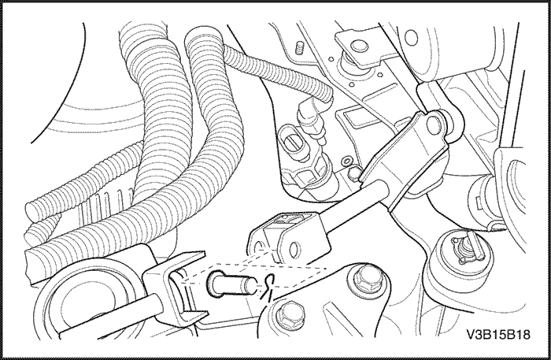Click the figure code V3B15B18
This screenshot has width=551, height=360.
click(x=498, y=334)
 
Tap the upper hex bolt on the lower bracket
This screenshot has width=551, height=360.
click(x=366, y=279)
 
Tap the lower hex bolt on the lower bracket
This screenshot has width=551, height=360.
click(x=290, y=314)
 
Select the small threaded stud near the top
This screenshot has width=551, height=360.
click(x=299, y=47)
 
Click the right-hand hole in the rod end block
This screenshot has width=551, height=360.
click(x=294, y=249)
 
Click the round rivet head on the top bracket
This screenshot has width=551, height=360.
click(x=357, y=46)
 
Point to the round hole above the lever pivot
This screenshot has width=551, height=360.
click(x=410, y=36)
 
